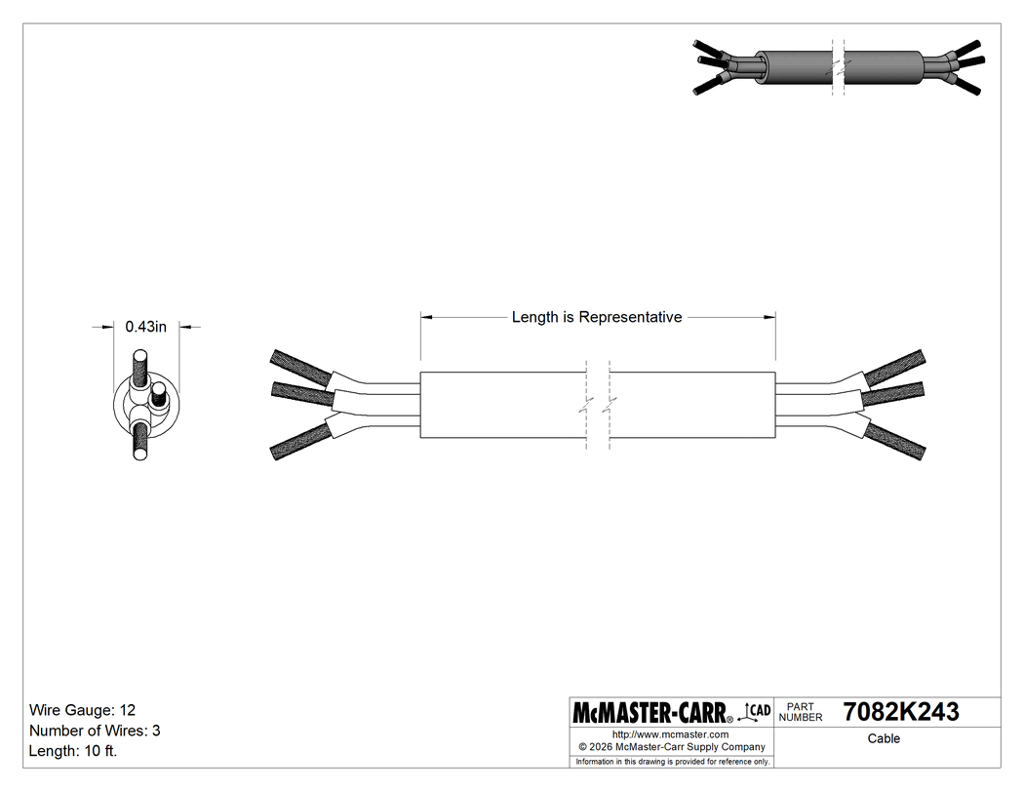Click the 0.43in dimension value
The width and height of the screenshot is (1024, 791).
(x=146, y=328)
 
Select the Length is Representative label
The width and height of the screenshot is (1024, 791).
(x=597, y=317)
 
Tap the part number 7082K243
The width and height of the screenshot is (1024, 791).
(x=900, y=712)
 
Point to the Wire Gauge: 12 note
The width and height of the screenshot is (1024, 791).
(x=89, y=709)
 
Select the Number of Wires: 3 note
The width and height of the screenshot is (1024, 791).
(x=95, y=731)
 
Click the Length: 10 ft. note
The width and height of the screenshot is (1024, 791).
(x=73, y=751)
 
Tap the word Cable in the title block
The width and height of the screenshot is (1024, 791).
(x=884, y=738)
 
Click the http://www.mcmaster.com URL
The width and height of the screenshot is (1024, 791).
(x=670, y=733)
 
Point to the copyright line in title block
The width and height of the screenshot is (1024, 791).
(x=672, y=747)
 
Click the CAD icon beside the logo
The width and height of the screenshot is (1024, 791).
(x=758, y=710)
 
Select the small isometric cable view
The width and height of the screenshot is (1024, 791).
(x=839, y=67)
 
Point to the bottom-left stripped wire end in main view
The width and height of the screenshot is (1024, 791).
(x=300, y=443)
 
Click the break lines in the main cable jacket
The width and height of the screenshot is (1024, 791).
(x=598, y=406)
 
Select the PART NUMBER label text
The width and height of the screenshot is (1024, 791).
(x=801, y=712)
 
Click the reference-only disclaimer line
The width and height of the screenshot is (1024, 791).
(x=672, y=761)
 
